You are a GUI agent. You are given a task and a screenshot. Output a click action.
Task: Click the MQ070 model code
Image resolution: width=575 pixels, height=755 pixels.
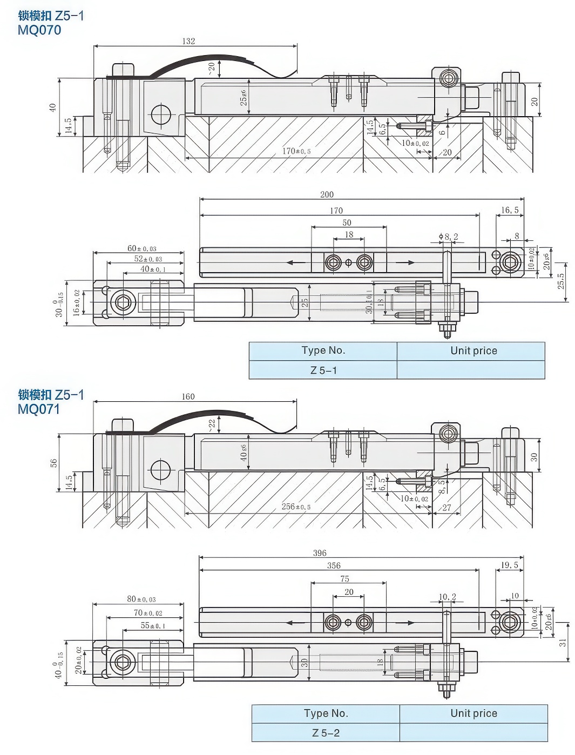(39, 30)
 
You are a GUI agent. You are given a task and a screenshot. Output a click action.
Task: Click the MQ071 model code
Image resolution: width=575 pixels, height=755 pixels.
(39, 409)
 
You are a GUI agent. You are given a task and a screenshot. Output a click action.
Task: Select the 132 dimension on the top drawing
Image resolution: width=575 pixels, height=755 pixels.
(188, 41)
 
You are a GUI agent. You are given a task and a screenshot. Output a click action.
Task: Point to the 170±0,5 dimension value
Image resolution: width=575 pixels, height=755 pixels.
(296, 151)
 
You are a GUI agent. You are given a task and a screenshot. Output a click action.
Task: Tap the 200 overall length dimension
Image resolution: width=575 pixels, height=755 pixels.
(327, 194)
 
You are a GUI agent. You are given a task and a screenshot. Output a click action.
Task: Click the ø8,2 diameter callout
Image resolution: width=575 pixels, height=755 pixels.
(449, 237)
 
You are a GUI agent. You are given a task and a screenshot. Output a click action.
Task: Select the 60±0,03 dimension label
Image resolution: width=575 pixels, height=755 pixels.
(142, 248)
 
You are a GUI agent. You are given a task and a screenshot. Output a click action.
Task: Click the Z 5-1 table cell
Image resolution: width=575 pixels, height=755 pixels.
(323, 370)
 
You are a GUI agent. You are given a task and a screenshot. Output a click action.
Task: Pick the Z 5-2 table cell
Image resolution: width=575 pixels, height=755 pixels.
(326, 733)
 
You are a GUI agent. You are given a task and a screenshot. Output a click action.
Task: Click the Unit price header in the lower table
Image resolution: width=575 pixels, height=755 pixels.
(473, 713)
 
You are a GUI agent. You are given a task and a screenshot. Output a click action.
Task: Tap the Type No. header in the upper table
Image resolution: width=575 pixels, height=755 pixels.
(323, 350)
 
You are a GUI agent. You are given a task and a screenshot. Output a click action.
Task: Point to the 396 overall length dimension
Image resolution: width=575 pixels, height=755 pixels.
(320, 553)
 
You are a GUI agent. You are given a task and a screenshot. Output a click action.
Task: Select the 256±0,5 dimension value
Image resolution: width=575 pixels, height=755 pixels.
(296, 507)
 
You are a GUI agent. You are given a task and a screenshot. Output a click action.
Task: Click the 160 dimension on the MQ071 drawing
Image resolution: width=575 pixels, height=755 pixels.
(188, 396)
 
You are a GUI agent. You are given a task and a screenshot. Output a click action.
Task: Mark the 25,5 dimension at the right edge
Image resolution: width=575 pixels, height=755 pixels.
(561, 280)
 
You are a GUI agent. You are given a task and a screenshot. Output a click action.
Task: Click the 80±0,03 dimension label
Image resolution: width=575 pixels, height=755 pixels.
(141, 599)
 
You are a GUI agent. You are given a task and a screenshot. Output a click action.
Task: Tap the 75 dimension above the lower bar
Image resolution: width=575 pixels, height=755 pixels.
(344, 578)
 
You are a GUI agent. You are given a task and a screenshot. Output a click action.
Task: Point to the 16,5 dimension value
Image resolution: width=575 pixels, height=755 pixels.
(509, 210)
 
